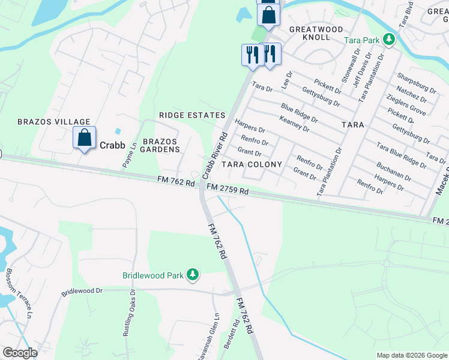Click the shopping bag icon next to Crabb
pos(85,137)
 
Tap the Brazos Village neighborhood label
pos(53,122)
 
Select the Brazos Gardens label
pos(161,145)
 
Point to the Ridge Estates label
pos(192,115)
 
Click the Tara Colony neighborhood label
pos(252,164)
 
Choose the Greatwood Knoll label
pos(316,33)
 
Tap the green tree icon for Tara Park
pos(390,40)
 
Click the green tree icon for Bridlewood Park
pos(192,275)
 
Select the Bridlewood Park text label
pos(153,276)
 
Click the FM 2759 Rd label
pos(228,190)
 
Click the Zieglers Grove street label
pos(406,106)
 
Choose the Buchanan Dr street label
pos(394,171)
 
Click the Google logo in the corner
pos(20,353)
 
